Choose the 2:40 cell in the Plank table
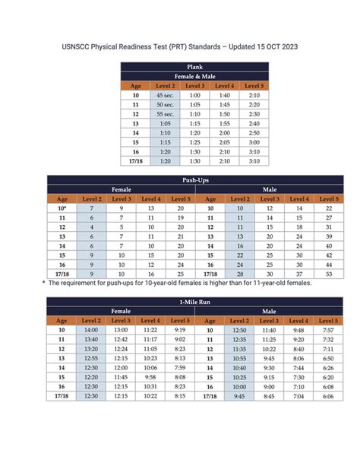point(254,123)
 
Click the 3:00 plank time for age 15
point(254,142)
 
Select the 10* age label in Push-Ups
point(62,208)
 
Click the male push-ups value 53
point(328,274)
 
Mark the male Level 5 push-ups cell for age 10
point(328,208)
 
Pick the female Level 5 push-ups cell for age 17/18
point(180,274)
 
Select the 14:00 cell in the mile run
point(91,330)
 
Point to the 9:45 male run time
point(239,396)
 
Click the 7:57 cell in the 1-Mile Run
point(328,330)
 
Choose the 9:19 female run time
point(180,330)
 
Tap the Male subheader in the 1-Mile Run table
point(269,311)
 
